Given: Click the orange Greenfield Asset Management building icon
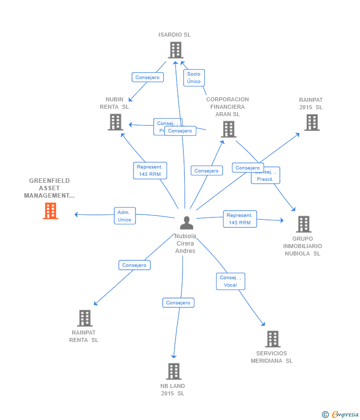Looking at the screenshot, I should pos(50,211).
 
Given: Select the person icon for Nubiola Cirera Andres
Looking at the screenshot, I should pos(186,223).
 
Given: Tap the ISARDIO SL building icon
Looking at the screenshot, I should pos(176,50).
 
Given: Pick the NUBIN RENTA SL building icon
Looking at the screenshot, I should pos(115,122).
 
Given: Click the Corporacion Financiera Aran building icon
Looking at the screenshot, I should pos(228,129).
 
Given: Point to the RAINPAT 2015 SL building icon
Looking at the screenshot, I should pos(312,122).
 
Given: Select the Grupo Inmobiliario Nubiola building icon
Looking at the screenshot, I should pos(303,224).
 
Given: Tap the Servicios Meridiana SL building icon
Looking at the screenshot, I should pos(272,339).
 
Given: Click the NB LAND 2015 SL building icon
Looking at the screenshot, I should pos(174,372).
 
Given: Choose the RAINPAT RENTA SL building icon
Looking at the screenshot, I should pos(85,318).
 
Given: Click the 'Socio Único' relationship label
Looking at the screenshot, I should pos(194,78).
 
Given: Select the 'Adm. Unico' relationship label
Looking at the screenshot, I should pos(125,216).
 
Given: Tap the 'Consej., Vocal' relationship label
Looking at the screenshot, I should pos(230,281).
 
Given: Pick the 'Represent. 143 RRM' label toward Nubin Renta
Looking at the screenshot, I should pos(150,170).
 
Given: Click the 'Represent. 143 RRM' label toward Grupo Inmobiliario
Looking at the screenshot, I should pos(240,219).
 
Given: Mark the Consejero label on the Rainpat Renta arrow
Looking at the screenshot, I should pos(135,265).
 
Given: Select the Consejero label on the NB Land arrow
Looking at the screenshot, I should pos(178,303).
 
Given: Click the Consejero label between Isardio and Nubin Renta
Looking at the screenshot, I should pos(147,78).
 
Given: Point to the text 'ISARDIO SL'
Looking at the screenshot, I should pos(175,35).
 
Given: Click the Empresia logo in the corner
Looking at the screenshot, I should pos(341,415).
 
